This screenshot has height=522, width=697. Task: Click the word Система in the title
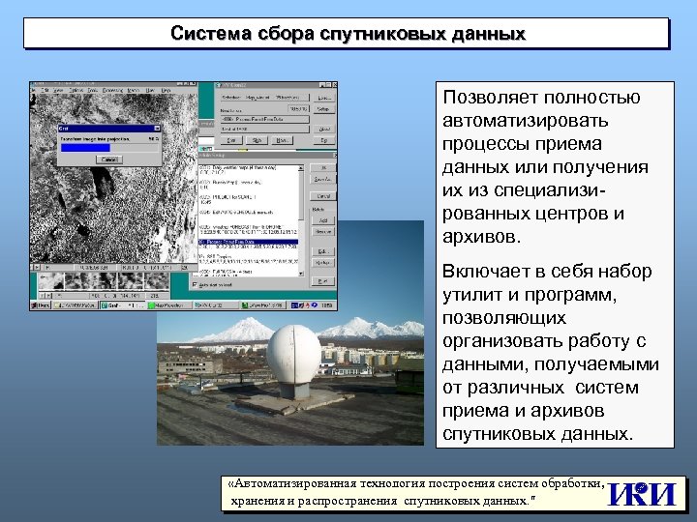click(211, 34)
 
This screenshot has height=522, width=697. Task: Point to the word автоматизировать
click(526, 121)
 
